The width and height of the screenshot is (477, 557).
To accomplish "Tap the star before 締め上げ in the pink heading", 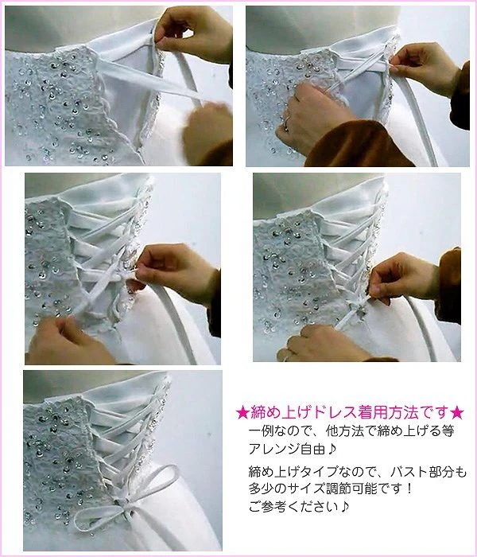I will (242, 413).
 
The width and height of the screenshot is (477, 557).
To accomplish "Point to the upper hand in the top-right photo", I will (425, 68).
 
